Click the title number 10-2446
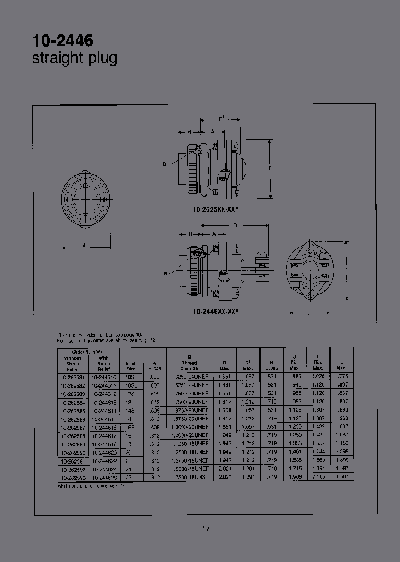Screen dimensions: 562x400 (x=63, y=41)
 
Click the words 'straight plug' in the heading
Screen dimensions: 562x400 (x=75, y=58)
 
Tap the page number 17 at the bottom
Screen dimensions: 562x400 (x=206, y=528)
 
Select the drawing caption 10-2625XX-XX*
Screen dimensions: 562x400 (x=216, y=209)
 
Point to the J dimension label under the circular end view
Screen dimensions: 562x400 (x=84, y=244)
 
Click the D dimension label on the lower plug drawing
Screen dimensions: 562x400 (x=235, y=225)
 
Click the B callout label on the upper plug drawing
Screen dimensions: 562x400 (x=165, y=164)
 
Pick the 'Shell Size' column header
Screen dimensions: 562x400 (x=131, y=364)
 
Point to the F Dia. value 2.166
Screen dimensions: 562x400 (x=318, y=477)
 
